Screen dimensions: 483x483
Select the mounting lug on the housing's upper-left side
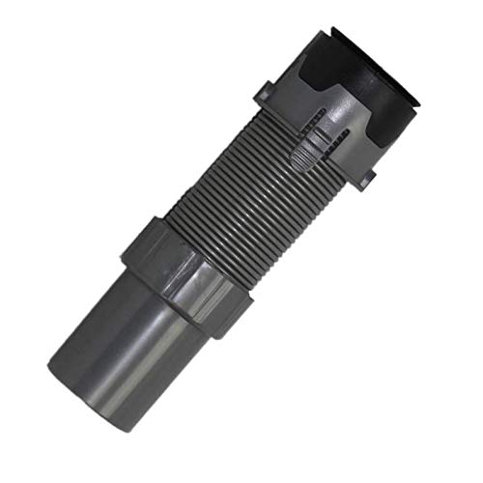[267, 94]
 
